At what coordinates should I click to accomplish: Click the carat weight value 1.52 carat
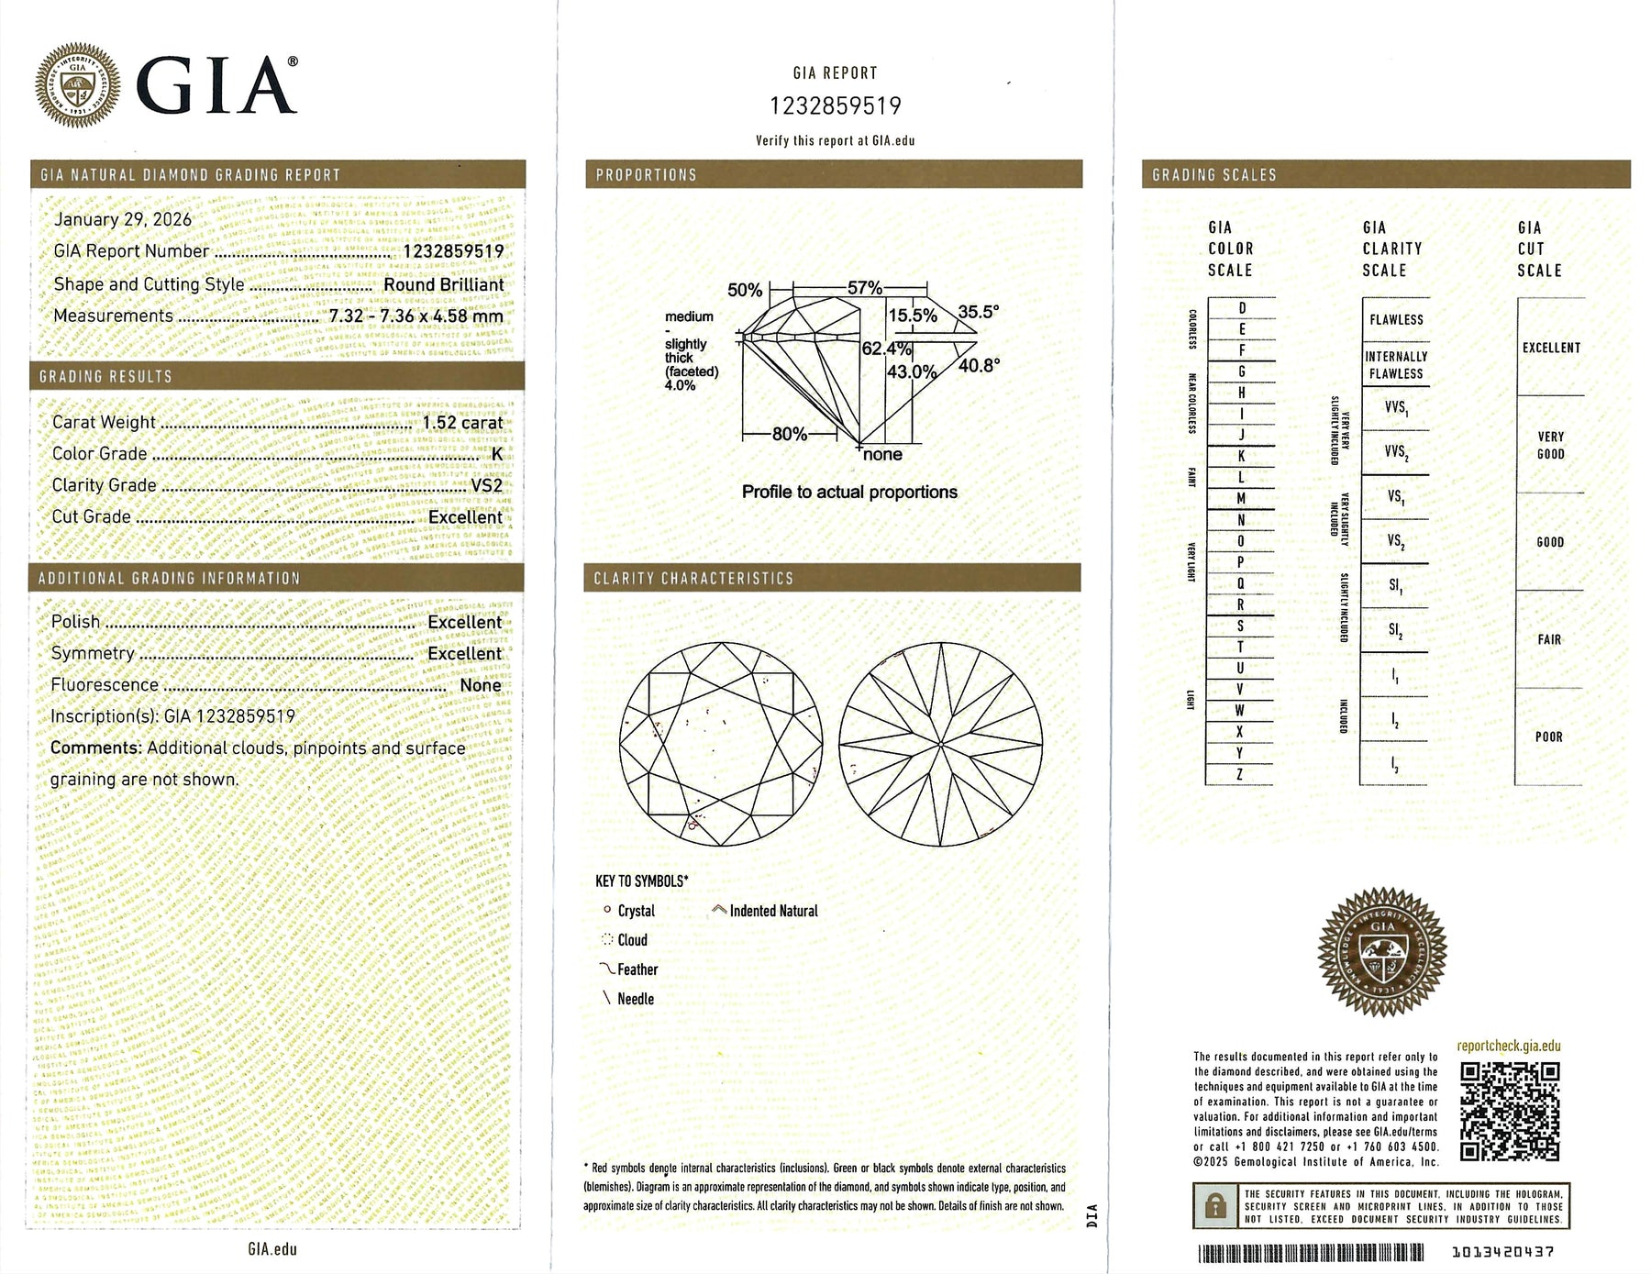click(x=462, y=422)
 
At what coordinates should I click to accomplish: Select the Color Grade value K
click(x=497, y=454)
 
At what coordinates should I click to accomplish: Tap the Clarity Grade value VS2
click(x=486, y=485)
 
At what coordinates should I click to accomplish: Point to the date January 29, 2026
click(x=123, y=219)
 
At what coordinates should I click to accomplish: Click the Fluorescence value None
click(x=481, y=685)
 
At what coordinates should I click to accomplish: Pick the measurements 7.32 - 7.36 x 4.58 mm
click(x=416, y=316)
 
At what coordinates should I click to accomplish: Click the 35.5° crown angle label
click(x=978, y=312)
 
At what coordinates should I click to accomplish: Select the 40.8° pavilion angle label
click(x=979, y=365)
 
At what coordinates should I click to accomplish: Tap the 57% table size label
click(x=864, y=288)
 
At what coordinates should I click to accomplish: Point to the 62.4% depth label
click(x=886, y=349)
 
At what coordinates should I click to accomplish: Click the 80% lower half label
click(x=789, y=434)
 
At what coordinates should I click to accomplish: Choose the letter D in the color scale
click(x=1242, y=308)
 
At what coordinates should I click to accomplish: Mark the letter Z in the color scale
click(x=1240, y=775)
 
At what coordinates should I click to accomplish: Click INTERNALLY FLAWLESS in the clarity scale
click(x=1396, y=365)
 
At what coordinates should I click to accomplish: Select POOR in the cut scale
click(x=1548, y=737)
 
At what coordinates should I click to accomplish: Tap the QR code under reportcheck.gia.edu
click(x=1509, y=1112)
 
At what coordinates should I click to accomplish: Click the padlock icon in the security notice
click(x=1215, y=1205)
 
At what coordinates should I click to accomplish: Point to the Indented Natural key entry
click(x=772, y=911)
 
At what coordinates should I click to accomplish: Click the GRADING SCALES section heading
click(x=1213, y=174)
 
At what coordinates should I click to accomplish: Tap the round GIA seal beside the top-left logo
click(x=77, y=85)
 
